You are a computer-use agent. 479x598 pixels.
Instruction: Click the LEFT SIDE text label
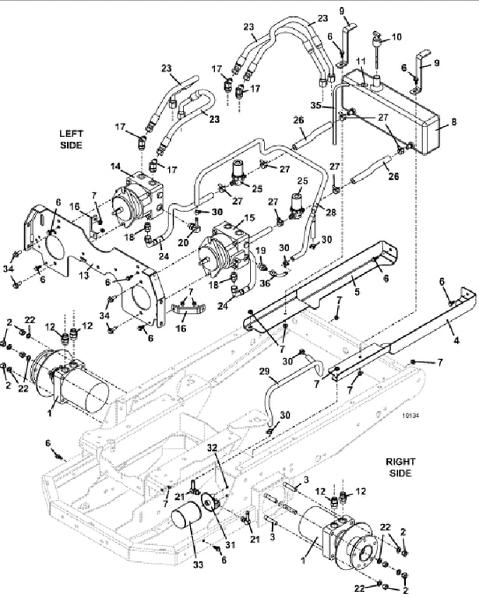[x=71, y=139]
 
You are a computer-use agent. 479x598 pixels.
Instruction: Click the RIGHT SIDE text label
[x=400, y=467]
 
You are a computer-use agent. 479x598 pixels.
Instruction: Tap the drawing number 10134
[x=410, y=415]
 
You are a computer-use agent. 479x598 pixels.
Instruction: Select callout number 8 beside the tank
[x=453, y=122]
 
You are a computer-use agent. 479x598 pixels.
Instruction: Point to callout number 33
[x=198, y=564]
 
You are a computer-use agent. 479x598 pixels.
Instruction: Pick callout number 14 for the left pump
[x=115, y=167]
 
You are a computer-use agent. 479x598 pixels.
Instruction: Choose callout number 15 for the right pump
[x=249, y=218]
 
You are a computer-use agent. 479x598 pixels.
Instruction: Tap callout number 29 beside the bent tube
[x=264, y=371]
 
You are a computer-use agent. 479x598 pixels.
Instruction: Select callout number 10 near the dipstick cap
[x=396, y=37]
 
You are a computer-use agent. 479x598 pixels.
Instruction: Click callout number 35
[x=315, y=105]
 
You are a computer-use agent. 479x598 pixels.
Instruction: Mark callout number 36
[x=264, y=283]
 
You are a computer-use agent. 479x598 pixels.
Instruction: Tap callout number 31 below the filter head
[x=230, y=545]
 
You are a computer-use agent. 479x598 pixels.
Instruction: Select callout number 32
[x=212, y=448]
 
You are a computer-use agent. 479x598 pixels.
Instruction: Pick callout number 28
[x=330, y=212]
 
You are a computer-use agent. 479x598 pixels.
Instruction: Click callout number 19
[x=260, y=250]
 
